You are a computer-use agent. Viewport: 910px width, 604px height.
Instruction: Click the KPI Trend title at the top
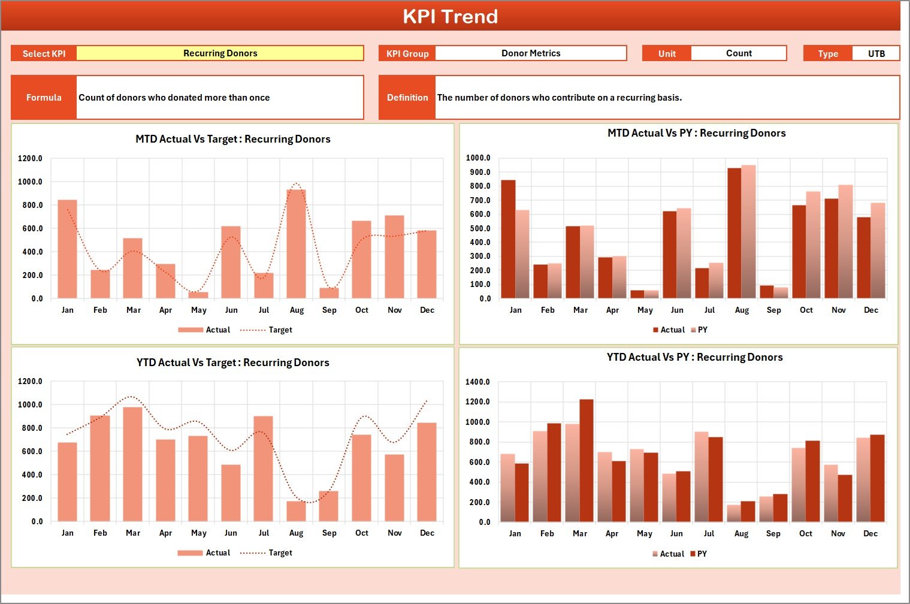click(x=450, y=16)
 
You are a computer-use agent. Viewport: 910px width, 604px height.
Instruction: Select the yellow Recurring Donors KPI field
click(x=220, y=53)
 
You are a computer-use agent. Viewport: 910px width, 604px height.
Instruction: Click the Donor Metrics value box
click(x=531, y=53)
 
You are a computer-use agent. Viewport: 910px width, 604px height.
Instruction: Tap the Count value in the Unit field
click(x=738, y=53)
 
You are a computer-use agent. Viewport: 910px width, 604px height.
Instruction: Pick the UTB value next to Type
click(x=876, y=54)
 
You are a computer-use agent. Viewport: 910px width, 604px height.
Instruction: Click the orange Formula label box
click(x=44, y=98)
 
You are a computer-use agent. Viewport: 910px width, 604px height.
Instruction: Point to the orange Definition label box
click(x=407, y=98)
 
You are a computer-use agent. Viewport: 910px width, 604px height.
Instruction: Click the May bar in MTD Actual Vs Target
click(x=198, y=295)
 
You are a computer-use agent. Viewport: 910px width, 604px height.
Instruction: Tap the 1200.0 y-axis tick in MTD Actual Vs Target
click(x=31, y=159)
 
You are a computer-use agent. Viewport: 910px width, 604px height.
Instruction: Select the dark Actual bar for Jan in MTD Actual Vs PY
click(x=508, y=240)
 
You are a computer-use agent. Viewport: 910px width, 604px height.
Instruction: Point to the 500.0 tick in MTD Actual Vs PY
click(x=478, y=228)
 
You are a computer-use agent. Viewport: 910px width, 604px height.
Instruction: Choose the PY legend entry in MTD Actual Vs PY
click(x=699, y=330)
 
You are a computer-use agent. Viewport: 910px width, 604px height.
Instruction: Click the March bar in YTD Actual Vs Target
click(x=133, y=464)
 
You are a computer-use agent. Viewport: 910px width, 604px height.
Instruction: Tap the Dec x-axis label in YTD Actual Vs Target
click(x=427, y=533)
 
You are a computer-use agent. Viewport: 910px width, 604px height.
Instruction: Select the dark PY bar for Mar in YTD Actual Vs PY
click(x=586, y=461)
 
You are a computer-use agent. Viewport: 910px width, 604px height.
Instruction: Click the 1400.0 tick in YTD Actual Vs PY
click(x=477, y=382)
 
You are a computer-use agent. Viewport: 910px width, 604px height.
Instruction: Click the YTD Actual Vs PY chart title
click(x=694, y=358)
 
